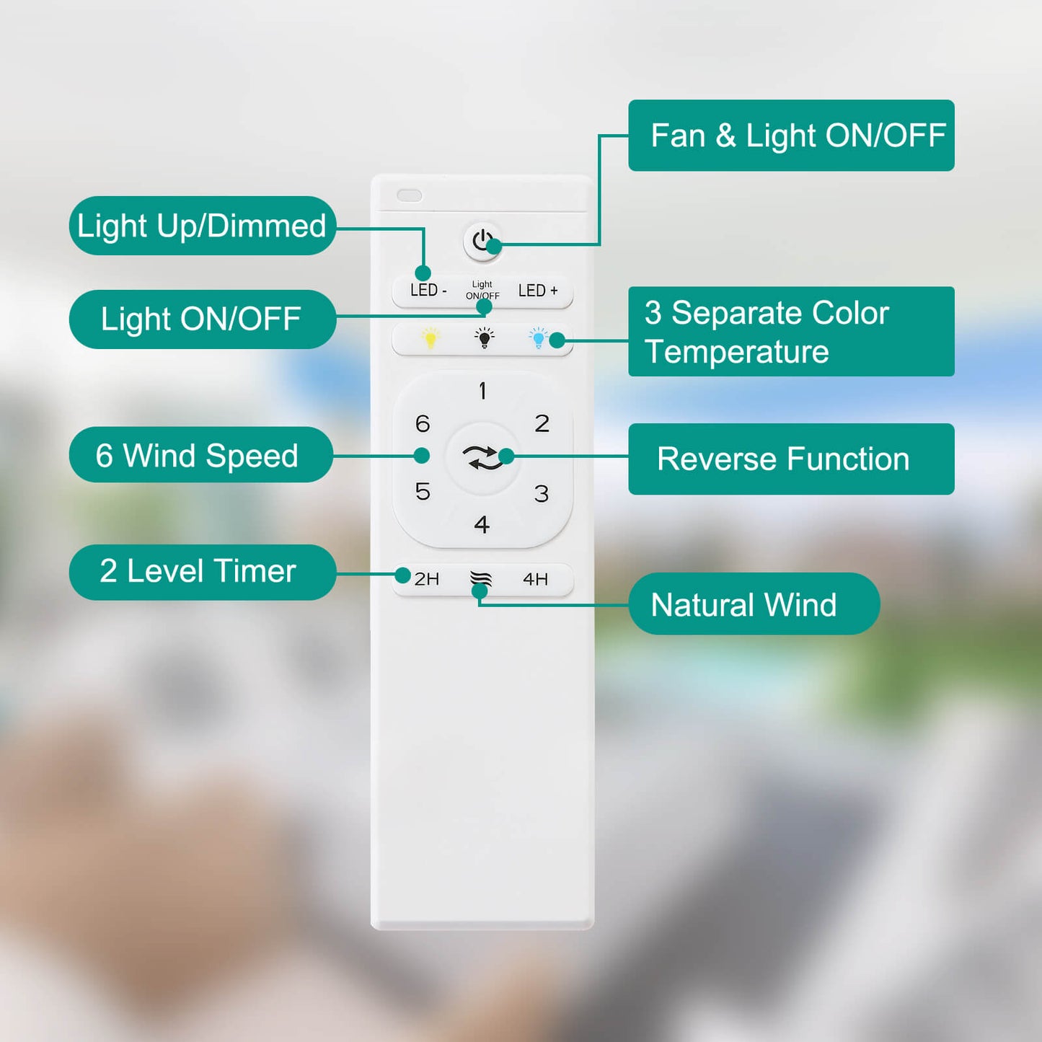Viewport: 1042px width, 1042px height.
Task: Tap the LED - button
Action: click(428, 291)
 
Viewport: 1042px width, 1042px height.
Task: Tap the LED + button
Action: click(537, 291)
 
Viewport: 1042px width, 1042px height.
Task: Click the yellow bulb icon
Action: click(431, 338)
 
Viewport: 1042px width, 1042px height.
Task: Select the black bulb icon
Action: click(484, 338)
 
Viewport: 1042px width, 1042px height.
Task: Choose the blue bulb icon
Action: click(539, 338)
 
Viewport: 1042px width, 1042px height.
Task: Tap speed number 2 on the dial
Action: click(542, 423)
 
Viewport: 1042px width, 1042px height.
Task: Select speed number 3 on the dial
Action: click(542, 493)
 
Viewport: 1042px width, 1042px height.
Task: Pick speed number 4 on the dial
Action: click(482, 524)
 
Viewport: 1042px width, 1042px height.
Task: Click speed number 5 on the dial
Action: click(423, 492)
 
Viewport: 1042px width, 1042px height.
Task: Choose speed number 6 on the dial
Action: click(423, 423)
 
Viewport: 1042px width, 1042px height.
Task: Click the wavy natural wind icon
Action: click(481, 578)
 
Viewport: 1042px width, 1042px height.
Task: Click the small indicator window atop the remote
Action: click(410, 195)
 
